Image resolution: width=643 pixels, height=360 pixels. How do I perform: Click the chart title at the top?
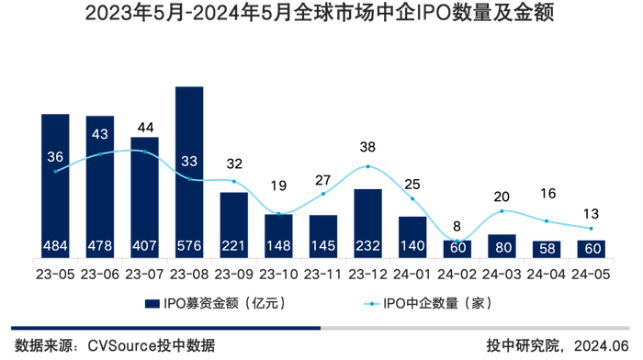[321, 16]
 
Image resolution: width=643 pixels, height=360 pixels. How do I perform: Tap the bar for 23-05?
[55, 185]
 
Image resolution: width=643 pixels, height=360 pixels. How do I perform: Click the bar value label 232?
[367, 246]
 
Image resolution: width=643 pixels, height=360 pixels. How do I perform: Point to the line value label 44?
[144, 127]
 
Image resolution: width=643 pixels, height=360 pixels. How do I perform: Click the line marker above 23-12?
[367, 166]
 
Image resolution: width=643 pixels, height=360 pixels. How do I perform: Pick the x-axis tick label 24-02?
[457, 273]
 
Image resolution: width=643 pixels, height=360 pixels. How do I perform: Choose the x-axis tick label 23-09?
[233, 273]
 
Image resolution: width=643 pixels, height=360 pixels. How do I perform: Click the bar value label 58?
[546, 248]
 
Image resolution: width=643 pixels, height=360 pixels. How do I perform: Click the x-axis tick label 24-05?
[591, 273]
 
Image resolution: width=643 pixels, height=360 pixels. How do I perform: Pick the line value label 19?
[278, 185]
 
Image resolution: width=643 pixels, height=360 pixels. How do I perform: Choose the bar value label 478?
[100, 246]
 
